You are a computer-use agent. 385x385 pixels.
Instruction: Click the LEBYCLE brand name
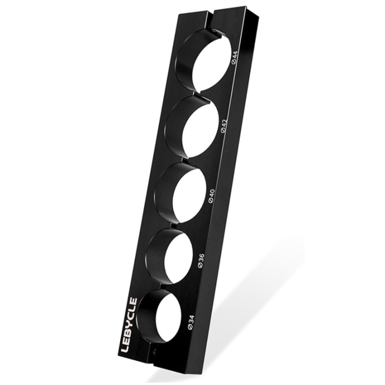pyautogui.click(x=130, y=325)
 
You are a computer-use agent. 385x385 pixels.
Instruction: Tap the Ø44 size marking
pyautogui.click(x=234, y=58)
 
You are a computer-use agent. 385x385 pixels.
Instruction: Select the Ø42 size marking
pyautogui.click(x=224, y=126)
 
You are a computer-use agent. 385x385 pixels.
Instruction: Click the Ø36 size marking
pyautogui.click(x=201, y=261)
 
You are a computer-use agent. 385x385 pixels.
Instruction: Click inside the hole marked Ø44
pyautogui.click(x=212, y=63)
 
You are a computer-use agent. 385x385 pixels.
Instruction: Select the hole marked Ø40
pyautogui.click(x=189, y=195)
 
